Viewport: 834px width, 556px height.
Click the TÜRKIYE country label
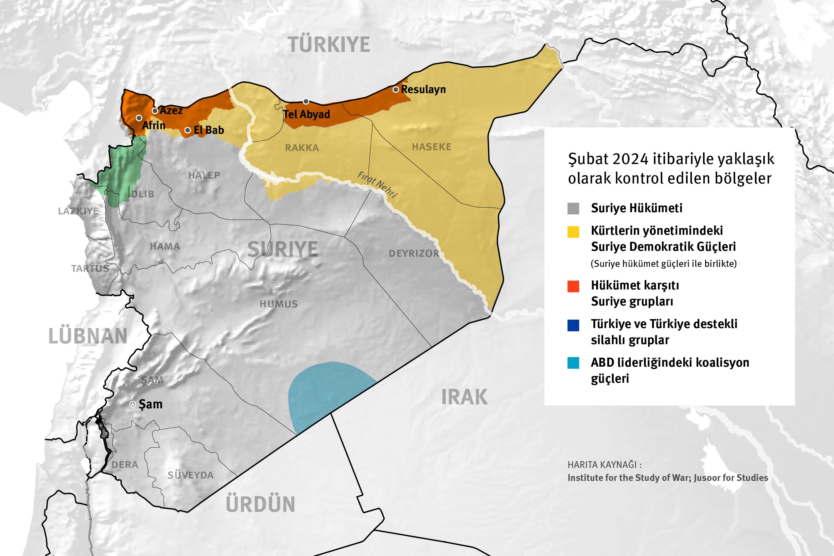(329, 45)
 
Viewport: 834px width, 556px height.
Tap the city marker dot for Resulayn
(396, 90)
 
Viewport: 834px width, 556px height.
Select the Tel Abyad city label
(306, 114)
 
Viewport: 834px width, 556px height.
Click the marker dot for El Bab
(188, 130)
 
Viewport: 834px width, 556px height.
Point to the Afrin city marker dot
(139, 118)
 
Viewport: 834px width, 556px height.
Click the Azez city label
(171, 110)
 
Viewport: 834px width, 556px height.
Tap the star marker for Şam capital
(133, 404)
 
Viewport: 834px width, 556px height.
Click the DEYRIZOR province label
(414, 254)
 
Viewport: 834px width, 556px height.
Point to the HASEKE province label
(432, 147)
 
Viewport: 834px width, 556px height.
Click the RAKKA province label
(302, 148)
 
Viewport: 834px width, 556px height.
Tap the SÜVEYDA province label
(190, 475)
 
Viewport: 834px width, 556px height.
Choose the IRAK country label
(464, 397)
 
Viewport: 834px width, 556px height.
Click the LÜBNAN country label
(88, 336)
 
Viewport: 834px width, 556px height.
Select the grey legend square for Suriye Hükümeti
(573, 208)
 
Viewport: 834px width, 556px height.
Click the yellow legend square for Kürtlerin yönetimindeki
(573, 232)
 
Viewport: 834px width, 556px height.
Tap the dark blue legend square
(573, 325)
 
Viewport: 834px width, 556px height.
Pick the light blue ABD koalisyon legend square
(573, 363)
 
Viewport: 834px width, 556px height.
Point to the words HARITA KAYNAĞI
(604, 465)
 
